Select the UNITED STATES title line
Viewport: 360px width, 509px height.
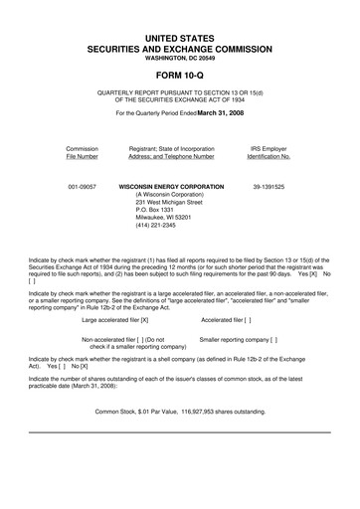179,36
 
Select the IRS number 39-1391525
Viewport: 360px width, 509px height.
269,186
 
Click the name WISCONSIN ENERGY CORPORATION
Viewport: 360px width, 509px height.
171,186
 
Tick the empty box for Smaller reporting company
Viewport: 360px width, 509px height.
272,339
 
